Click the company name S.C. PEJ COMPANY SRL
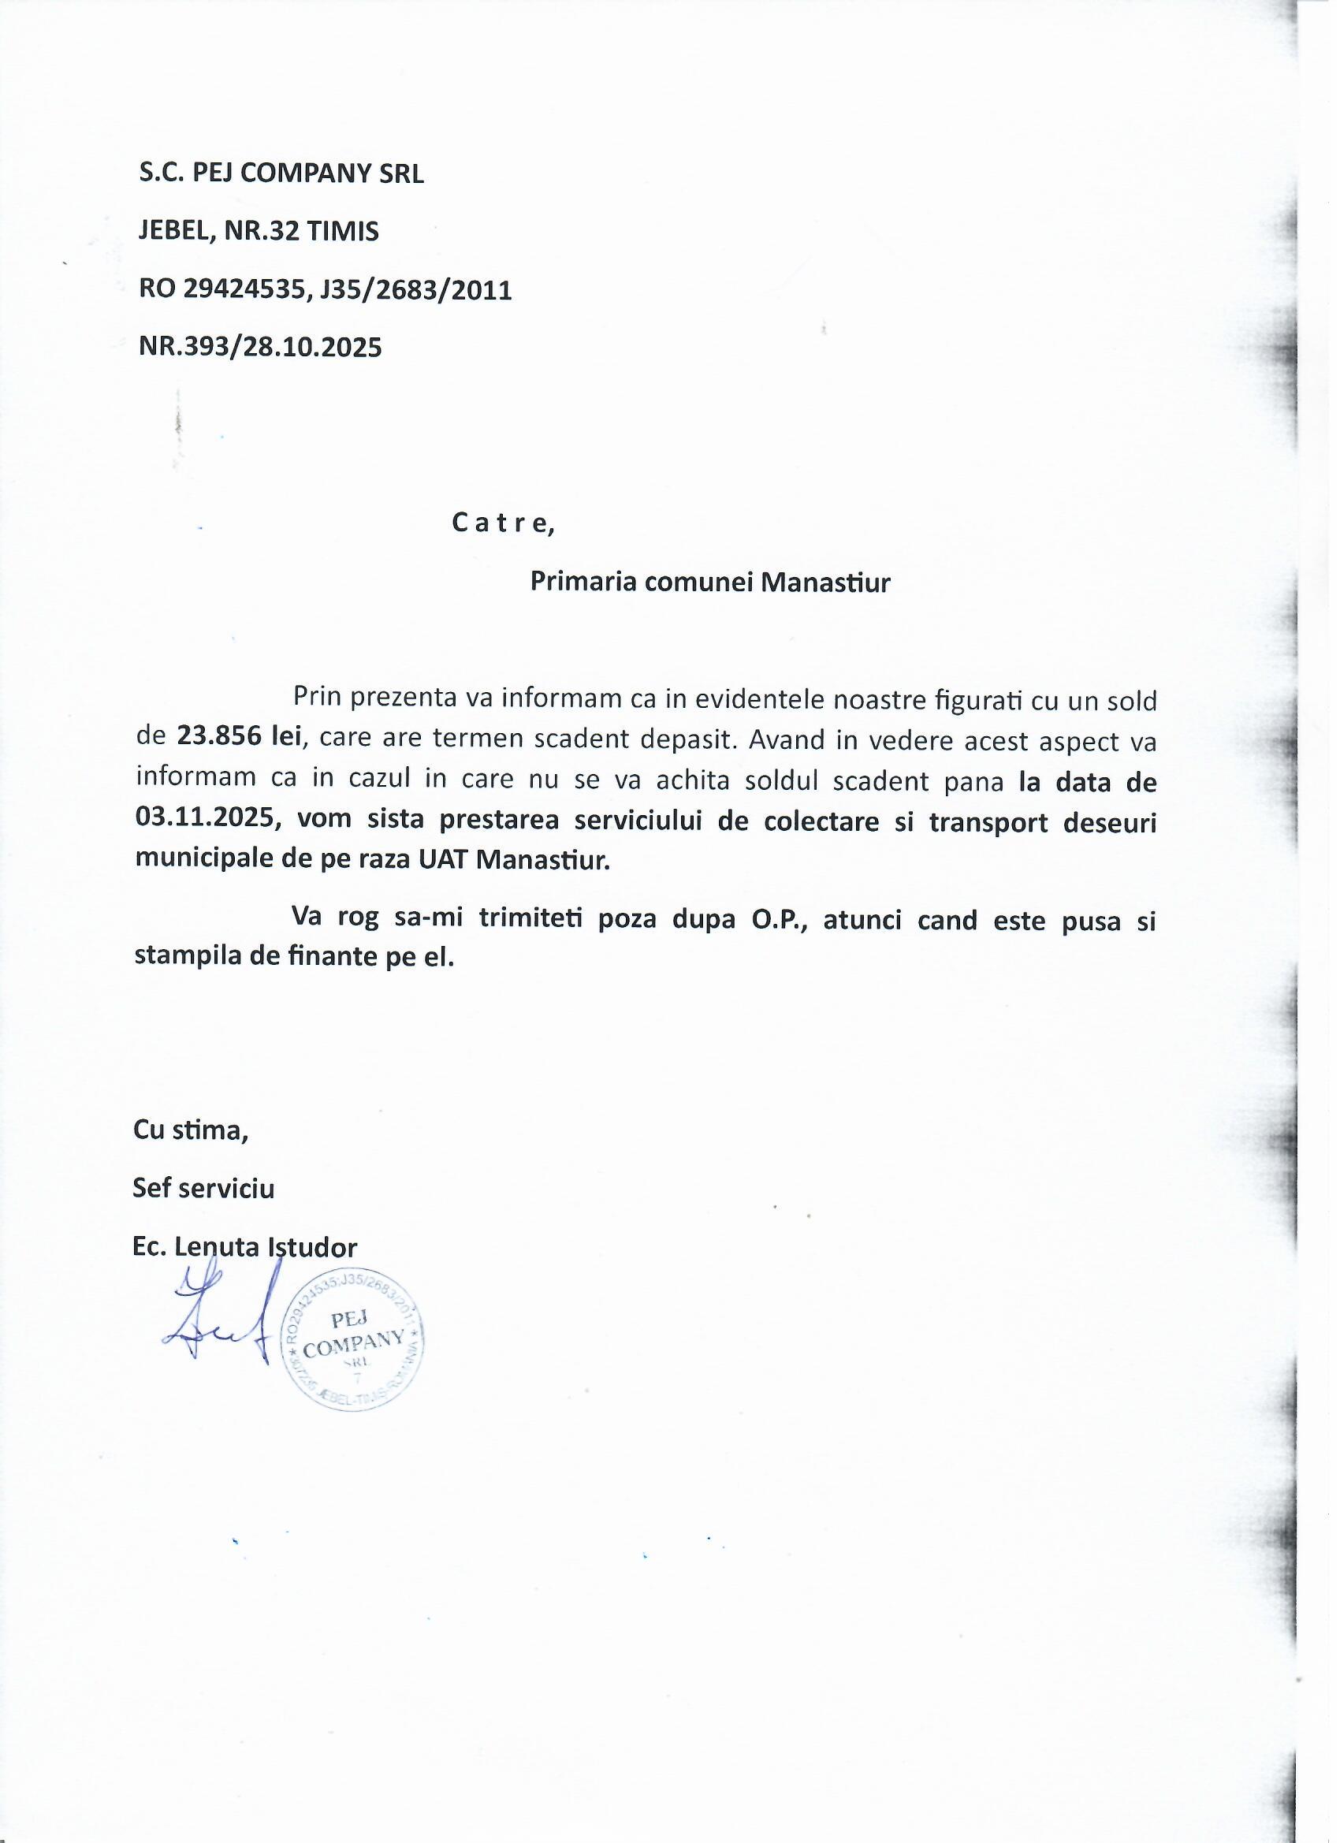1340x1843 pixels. click(x=282, y=174)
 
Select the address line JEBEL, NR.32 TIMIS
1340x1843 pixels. click(x=259, y=233)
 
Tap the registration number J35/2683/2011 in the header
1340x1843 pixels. click(x=417, y=290)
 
